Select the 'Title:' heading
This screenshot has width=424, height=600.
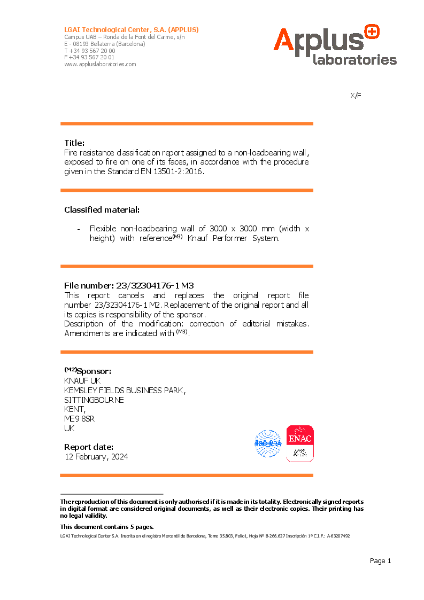pos(75,143)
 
